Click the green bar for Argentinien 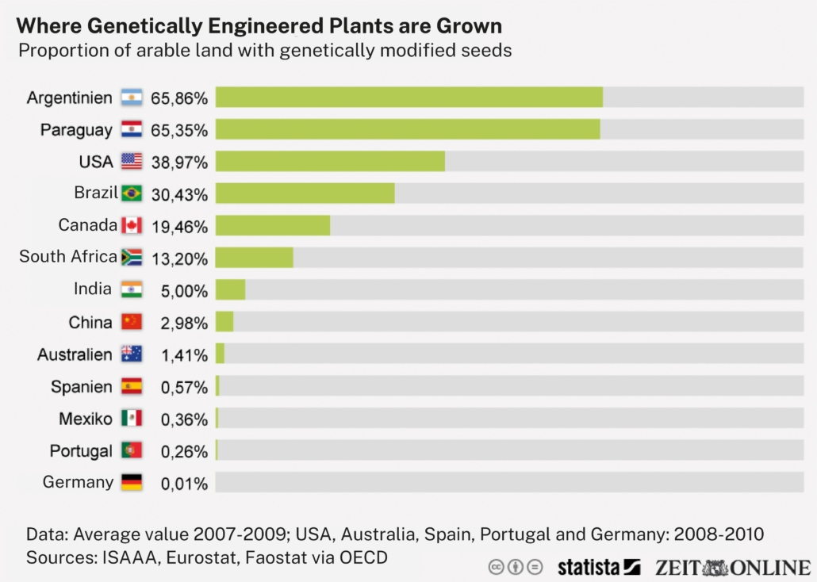[408, 98]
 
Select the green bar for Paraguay [407, 129]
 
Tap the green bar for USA [330, 162]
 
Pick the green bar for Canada [273, 226]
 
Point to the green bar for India [230, 290]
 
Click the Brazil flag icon [132, 193]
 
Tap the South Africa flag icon [132, 258]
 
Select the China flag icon [132, 322]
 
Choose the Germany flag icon [132, 482]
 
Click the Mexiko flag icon [132, 418]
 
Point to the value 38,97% [179, 163]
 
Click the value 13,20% [179, 258]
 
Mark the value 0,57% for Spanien [184, 388]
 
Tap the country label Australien [75, 354]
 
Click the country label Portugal [81, 451]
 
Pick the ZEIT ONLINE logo [732, 568]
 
